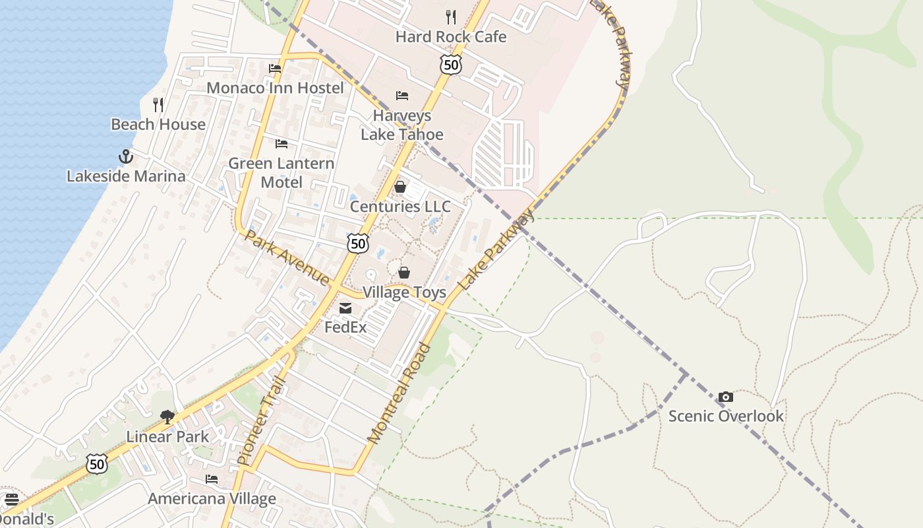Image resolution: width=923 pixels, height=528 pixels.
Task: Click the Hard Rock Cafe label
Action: click(x=451, y=37)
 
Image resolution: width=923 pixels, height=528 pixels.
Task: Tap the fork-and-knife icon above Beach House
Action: click(x=158, y=104)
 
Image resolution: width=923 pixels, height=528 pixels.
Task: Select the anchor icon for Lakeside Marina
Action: click(x=125, y=156)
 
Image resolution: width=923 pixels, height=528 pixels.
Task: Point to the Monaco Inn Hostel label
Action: click(x=275, y=88)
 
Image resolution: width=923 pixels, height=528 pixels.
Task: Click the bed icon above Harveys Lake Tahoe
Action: click(x=402, y=96)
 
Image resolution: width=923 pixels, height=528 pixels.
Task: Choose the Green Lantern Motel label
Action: click(x=282, y=172)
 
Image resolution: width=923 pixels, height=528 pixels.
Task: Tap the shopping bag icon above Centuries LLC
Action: click(x=400, y=187)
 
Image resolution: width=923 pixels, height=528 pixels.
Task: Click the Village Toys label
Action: click(x=404, y=292)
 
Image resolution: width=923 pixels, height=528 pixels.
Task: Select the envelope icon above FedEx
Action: click(x=345, y=308)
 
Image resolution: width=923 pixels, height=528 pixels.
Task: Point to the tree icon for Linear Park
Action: click(x=167, y=416)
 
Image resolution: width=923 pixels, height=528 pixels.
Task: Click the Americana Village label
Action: click(x=212, y=498)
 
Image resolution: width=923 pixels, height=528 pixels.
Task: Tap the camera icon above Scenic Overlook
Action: click(x=726, y=397)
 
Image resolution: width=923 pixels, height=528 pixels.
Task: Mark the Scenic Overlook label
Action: click(x=726, y=416)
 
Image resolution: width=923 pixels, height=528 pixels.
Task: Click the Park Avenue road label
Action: click(x=287, y=257)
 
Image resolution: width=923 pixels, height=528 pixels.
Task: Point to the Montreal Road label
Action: click(x=399, y=393)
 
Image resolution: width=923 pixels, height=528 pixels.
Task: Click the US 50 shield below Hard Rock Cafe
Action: click(x=450, y=64)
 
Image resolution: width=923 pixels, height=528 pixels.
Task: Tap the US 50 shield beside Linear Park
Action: click(x=97, y=464)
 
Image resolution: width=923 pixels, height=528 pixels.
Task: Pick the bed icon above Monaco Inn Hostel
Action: click(x=275, y=68)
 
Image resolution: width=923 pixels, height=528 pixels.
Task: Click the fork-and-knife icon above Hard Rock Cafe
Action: click(x=451, y=16)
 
